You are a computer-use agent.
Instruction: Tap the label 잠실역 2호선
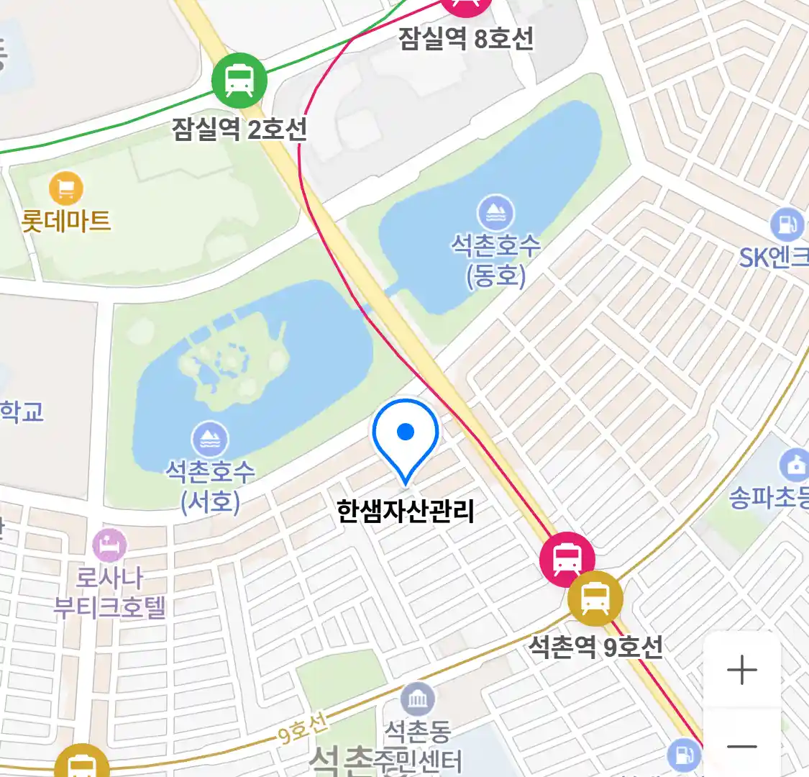tap(239, 129)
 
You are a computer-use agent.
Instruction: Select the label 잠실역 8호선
tap(466, 37)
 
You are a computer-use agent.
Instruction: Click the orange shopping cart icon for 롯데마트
tap(66, 189)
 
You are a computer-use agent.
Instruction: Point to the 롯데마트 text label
tap(66, 220)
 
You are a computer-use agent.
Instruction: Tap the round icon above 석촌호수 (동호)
tap(495, 214)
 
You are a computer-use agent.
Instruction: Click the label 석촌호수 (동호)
tap(495, 260)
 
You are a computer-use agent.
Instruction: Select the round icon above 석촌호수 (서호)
tap(210, 440)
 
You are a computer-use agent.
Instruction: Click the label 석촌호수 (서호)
tap(210, 486)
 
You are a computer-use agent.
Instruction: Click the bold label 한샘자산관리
tap(406, 511)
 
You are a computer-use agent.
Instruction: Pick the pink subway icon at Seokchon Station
tap(567, 559)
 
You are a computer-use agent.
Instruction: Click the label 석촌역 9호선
tap(595, 646)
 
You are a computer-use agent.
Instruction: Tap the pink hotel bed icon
tap(109, 546)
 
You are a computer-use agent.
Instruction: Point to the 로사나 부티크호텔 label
tap(109, 592)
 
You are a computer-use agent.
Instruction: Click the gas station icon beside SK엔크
tap(787, 225)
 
